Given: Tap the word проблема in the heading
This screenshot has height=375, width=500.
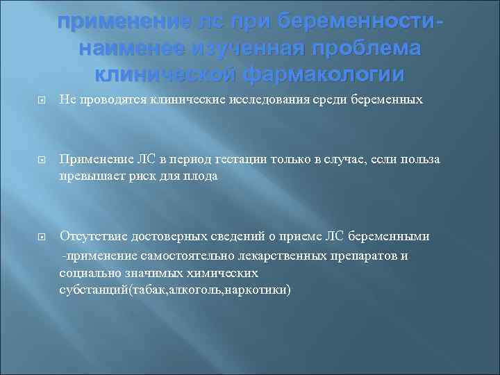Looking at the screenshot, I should coord(367,49).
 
